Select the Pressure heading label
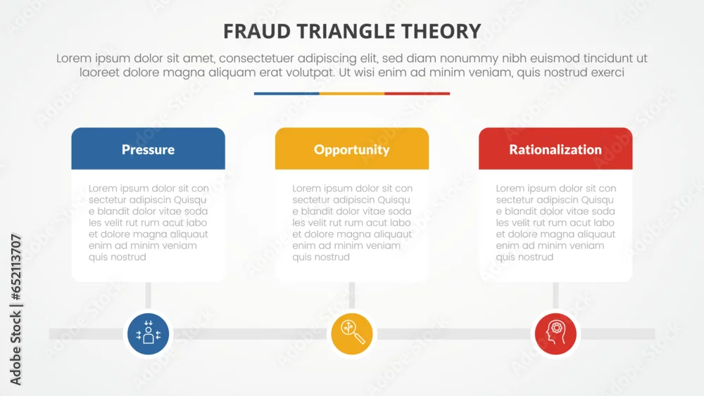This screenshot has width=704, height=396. tap(148, 149)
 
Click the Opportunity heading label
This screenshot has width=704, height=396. tap(352, 150)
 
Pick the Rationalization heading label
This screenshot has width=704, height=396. tap(555, 149)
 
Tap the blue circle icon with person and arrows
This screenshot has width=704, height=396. tap(148, 333)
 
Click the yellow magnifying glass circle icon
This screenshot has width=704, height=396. tap(352, 333)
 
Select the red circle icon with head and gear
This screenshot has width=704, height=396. tap(555, 333)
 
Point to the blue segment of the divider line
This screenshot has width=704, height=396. tap(287, 94)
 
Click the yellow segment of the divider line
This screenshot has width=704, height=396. tap(352, 94)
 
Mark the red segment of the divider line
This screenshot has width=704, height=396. tap(417, 94)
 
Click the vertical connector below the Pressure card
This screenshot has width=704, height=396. tap(148, 296)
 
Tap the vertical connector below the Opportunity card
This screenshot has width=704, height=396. tap(352, 296)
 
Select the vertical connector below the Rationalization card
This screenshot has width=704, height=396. tap(555, 296)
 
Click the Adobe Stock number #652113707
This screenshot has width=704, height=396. tap(15, 267)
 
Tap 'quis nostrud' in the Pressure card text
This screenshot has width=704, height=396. tap(117, 257)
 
